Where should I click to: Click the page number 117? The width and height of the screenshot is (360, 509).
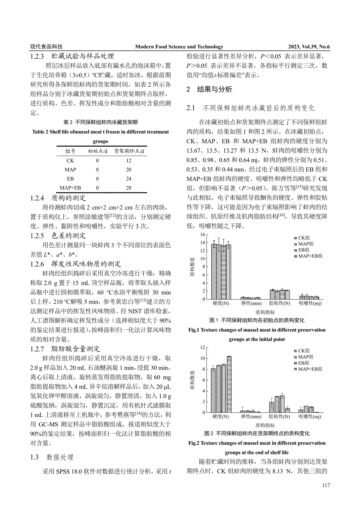tap(326, 486)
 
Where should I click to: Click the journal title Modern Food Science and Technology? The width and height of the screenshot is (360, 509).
tap(179, 47)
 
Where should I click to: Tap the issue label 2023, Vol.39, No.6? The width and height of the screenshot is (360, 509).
tap(309, 47)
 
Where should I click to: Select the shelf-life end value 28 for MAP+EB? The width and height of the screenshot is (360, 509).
tap(129, 188)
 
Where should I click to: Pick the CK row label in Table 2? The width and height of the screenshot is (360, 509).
tap(70, 161)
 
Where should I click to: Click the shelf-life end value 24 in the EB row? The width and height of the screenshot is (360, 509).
tap(129, 179)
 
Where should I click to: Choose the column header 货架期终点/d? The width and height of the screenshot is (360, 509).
tap(129, 151)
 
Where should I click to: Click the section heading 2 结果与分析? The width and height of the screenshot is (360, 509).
tap(209, 90)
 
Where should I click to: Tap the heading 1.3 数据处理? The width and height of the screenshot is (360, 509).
tap(52, 457)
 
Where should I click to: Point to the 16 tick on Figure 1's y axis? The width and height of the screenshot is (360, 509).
tap(202, 235)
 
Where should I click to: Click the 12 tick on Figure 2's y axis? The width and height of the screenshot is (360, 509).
tap(202, 347)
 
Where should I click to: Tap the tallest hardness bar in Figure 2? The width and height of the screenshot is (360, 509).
tap(229, 384)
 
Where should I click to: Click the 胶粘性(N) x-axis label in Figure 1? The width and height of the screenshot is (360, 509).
tap(279, 304)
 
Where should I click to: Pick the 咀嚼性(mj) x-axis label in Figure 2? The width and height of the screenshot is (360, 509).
tap(310, 417)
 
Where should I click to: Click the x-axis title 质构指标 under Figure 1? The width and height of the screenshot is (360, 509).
tap(265, 312)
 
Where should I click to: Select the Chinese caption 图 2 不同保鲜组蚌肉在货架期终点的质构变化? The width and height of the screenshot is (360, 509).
tap(257, 433)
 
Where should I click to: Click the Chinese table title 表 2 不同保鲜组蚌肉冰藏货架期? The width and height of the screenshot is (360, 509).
tap(100, 122)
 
